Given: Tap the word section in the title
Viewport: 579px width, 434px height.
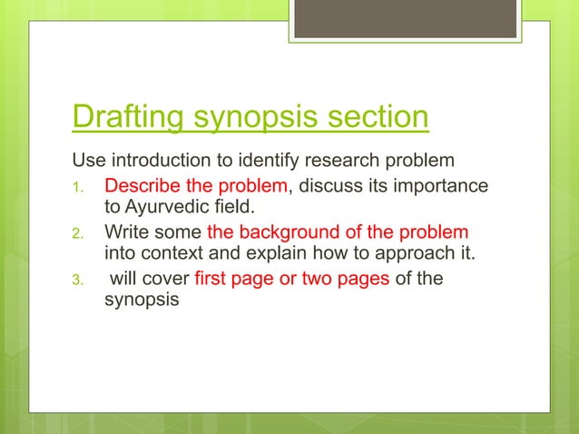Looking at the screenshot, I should [x=373, y=119].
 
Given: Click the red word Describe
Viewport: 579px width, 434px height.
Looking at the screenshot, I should [x=142, y=187].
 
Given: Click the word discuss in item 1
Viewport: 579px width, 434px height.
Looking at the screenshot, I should [x=331, y=187].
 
